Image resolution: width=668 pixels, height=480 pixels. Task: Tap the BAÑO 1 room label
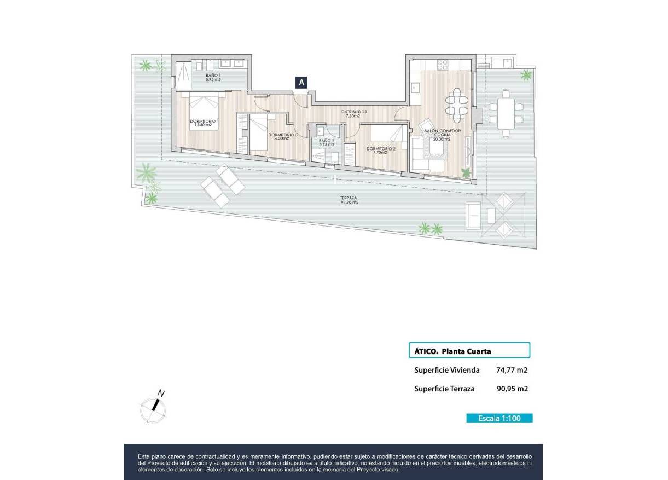tap(213, 78)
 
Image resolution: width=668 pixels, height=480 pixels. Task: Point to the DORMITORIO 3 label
tap(283, 136)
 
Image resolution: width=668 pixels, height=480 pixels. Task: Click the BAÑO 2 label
tap(326, 142)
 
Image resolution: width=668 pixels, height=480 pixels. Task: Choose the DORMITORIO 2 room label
tap(381, 150)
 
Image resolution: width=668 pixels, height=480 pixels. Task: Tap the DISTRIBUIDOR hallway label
tap(354, 113)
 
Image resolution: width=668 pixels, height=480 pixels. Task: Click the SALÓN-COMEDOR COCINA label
tap(443, 135)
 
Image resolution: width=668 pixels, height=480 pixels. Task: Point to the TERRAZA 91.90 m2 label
tap(348, 200)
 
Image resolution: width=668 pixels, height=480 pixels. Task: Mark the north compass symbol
tap(154, 407)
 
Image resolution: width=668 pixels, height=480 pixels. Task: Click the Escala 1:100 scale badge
tap(498, 418)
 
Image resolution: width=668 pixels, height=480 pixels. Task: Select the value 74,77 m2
tap(512, 370)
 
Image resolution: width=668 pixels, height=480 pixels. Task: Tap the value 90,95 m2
tap(512, 389)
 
